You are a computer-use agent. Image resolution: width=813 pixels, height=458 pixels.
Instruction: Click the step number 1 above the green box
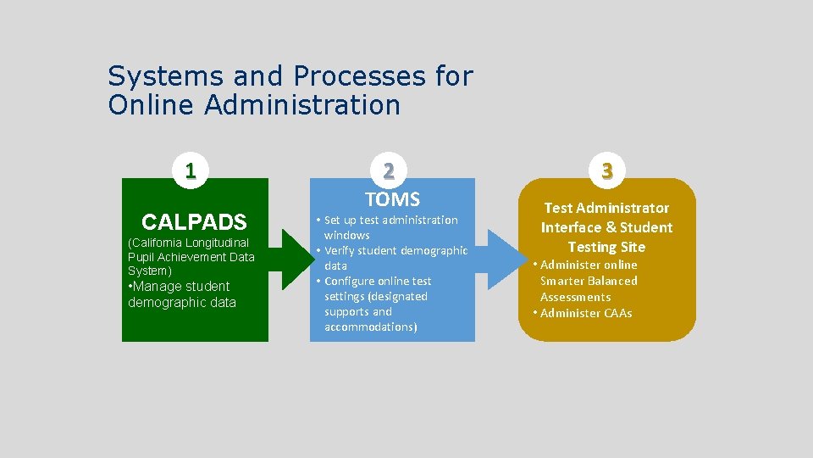pos(191,170)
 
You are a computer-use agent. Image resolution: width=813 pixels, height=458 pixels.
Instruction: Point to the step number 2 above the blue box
pos(388,170)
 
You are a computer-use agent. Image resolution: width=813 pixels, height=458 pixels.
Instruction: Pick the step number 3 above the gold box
pos(606,170)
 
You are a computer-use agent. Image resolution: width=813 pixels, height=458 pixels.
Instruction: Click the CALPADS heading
pos(194,222)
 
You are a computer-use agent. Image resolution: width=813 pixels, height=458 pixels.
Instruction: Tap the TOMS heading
pos(392,199)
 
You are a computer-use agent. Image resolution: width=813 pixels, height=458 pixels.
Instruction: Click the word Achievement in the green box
pos(191,257)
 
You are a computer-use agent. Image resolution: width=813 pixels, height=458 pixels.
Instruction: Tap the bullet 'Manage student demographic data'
pos(181,294)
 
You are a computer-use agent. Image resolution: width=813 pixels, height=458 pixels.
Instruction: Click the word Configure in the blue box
pos(353,281)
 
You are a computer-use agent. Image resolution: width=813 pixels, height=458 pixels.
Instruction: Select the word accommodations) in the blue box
pos(370,327)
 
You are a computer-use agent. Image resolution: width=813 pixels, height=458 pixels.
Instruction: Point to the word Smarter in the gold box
pos(562,281)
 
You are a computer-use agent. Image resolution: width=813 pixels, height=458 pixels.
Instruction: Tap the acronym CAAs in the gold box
pos(618,313)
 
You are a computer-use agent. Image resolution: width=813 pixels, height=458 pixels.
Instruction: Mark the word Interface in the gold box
pos(572,227)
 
